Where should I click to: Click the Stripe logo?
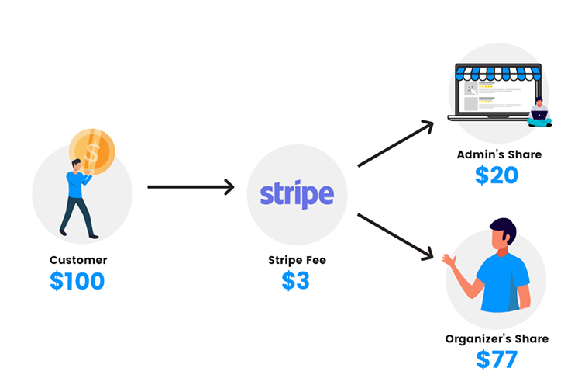point(297,194)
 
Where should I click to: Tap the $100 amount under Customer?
point(77,281)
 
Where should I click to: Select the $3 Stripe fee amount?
point(295,281)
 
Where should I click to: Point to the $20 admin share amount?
point(497,175)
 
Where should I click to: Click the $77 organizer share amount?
point(497,359)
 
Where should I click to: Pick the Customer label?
point(78,260)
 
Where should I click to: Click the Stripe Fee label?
point(297,260)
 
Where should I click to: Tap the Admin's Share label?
point(499,154)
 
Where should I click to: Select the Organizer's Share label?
point(497,338)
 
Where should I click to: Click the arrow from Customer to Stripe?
point(191,187)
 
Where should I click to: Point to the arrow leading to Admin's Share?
point(395,144)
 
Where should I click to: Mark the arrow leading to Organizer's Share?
point(395,237)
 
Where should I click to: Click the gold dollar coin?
point(92,151)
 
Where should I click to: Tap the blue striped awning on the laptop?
point(498,72)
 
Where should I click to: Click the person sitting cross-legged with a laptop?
point(539,113)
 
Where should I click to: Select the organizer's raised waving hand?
point(449,260)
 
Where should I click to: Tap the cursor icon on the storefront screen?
point(472,91)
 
